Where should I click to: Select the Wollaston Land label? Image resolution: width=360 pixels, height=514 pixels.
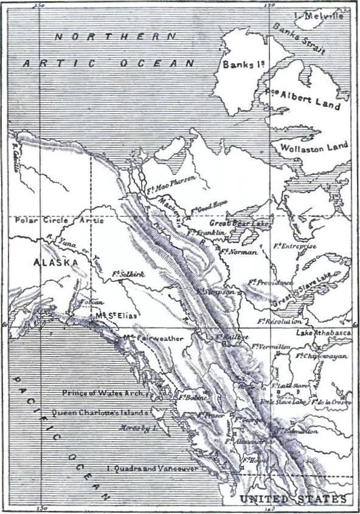tap(314, 147)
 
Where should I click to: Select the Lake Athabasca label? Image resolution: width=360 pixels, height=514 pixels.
tap(324, 334)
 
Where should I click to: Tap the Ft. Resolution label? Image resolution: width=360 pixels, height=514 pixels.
tap(280, 321)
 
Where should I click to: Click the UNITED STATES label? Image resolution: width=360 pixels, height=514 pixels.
tap(292, 499)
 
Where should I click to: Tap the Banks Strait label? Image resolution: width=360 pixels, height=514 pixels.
tap(299, 38)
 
